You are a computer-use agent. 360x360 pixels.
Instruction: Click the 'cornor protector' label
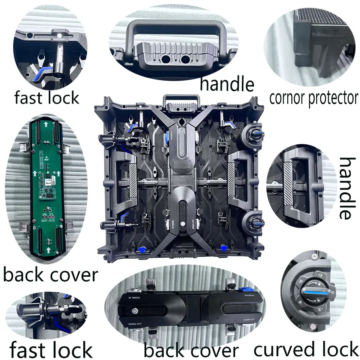(313, 98)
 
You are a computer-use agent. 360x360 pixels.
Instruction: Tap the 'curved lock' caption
(306, 349)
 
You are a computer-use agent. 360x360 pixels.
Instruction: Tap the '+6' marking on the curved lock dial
(300, 280)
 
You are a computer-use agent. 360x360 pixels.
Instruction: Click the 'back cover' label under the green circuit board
(50, 274)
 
